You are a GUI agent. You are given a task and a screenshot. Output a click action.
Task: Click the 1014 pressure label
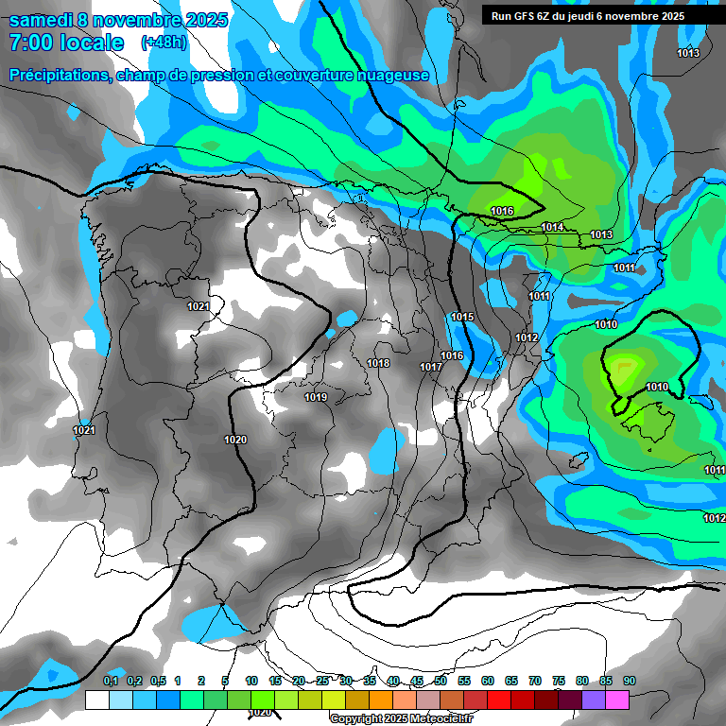(x=553, y=228)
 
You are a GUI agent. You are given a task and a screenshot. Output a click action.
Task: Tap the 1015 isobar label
(x=462, y=317)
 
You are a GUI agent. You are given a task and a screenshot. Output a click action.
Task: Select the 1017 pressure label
(x=431, y=367)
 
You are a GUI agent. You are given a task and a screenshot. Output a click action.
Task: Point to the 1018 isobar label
(x=378, y=363)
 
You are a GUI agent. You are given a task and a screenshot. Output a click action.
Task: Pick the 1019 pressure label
(x=316, y=397)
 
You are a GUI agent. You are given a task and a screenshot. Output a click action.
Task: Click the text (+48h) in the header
(x=164, y=43)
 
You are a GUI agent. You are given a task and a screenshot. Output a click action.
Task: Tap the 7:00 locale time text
(x=66, y=43)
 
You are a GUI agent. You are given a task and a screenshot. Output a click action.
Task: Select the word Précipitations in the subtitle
(x=59, y=75)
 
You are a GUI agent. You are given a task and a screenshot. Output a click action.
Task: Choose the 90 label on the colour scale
(x=630, y=681)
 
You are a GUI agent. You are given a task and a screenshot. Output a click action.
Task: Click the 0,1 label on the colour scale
(x=111, y=681)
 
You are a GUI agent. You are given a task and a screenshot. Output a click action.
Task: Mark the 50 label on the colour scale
(x=441, y=681)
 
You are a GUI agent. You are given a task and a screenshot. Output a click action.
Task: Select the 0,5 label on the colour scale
(x=157, y=681)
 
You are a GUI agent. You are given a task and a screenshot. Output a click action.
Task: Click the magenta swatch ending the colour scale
(x=617, y=700)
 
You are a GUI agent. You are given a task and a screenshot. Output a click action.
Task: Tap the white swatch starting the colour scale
(x=96, y=700)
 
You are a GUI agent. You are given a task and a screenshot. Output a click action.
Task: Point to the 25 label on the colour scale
(x=322, y=681)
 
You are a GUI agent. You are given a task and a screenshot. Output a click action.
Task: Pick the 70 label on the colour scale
(x=535, y=681)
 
